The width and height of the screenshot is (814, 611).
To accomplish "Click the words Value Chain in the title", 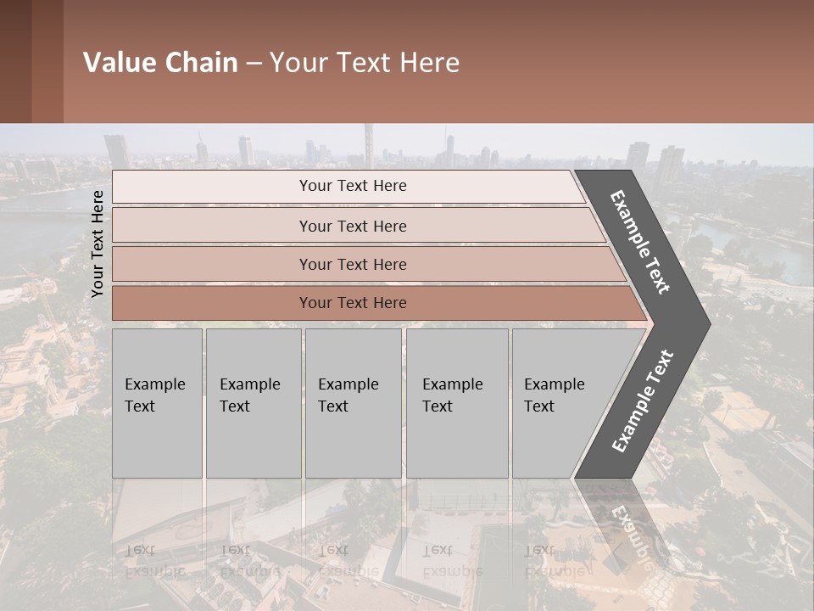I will (160, 63).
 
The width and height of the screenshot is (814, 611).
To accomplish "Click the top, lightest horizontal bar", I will (212, 187).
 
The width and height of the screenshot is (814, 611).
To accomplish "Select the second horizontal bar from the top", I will (212, 226).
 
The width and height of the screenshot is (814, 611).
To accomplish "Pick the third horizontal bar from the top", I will (212, 265).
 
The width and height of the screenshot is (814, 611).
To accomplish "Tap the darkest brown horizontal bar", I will (212, 303).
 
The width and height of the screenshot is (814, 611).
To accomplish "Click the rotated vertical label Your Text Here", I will (98, 244).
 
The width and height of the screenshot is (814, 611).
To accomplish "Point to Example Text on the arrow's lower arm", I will (643, 401).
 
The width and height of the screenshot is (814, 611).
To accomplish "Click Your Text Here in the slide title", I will (365, 63).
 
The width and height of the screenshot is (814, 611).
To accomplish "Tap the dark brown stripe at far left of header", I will (15, 61).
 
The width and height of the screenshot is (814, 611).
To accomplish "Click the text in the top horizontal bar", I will (353, 186).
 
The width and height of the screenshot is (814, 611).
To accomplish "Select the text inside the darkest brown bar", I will (353, 303).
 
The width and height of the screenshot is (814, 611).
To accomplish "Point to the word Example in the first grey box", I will (154, 384).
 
